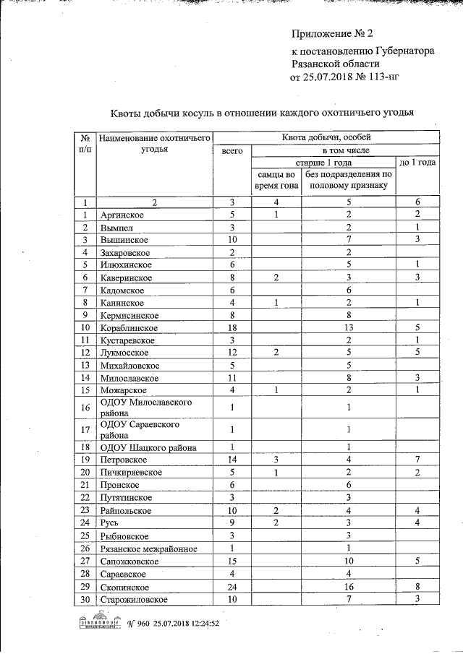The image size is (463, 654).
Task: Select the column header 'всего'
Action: (x=231, y=150)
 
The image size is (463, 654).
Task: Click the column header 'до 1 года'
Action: (x=417, y=163)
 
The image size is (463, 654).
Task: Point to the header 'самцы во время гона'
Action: (x=276, y=180)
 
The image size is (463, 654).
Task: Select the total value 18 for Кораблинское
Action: (x=231, y=327)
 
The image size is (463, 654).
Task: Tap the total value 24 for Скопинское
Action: (x=231, y=588)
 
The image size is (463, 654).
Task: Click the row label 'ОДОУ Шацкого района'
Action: (x=148, y=447)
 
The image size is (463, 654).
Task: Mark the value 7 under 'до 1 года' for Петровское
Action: (x=417, y=460)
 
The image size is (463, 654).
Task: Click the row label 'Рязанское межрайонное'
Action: (x=149, y=548)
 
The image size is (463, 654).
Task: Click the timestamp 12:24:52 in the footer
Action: (x=201, y=622)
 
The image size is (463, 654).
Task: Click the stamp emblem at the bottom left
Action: (x=100, y=622)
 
